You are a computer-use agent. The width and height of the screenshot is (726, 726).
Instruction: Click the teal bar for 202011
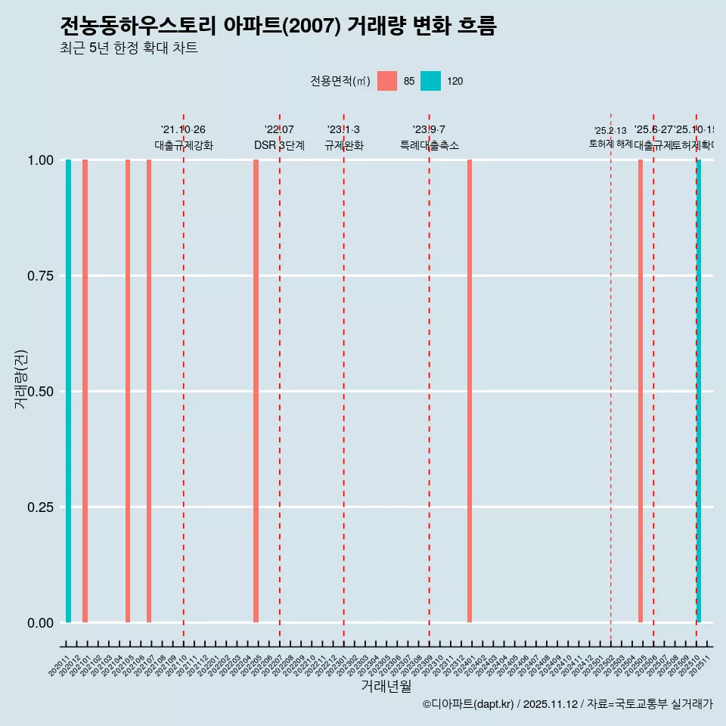[68, 391]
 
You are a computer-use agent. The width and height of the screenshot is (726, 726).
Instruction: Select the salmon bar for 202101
[85, 391]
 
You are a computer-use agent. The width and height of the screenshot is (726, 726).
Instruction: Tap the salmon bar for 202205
[256, 391]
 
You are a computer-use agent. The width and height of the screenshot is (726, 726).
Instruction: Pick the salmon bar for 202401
[470, 391]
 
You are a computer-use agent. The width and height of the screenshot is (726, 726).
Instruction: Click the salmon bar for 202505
[641, 391]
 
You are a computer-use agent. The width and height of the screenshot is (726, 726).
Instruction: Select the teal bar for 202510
[699, 391]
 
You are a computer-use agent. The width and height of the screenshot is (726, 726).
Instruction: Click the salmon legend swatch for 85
[387, 81]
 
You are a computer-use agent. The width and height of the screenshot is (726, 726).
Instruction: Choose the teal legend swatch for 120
[430, 81]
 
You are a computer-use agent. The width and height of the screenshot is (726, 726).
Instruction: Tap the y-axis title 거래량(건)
[20, 380]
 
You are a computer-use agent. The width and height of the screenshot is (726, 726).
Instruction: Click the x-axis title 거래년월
[386, 686]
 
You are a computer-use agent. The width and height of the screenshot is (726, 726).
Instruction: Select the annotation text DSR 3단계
[279, 146]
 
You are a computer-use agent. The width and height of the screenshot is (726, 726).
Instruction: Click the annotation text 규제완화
[344, 146]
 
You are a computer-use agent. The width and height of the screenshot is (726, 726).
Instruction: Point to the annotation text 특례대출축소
[430, 146]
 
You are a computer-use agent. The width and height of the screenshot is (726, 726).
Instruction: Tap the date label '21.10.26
[183, 130]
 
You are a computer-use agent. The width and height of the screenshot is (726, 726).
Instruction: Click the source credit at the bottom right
[567, 704]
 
